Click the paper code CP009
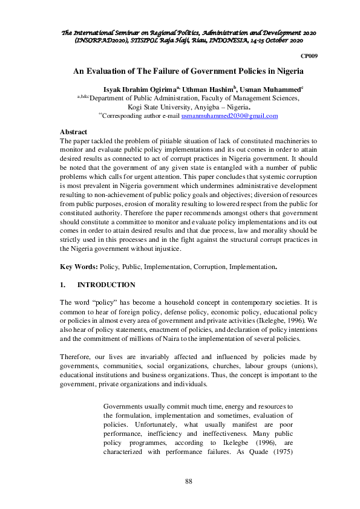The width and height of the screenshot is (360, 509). tap(309, 55)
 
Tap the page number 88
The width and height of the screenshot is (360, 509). tap(188, 481)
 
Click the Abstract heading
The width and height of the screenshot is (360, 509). tap(74, 131)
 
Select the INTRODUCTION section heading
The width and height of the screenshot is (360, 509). tap(106, 285)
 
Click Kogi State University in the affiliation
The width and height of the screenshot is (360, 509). tap(159, 106)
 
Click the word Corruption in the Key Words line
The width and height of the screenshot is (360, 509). tap(205, 267)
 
